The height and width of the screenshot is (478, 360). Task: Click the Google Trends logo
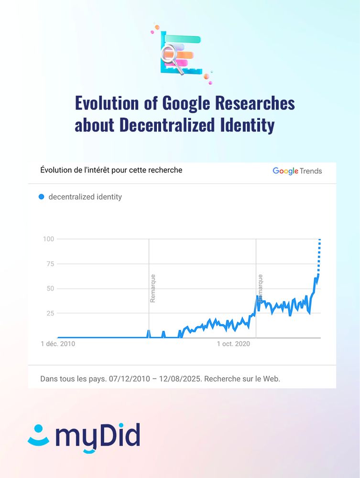click(297, 171)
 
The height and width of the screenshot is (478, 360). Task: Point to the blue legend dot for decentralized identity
click(41, 196)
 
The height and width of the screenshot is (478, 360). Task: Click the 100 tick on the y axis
click(48, 239)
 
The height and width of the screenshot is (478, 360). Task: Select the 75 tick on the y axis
click(49, 264)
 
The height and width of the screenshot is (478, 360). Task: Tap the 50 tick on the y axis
click(49, 289)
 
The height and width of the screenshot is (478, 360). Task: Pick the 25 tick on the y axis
click(49, 313)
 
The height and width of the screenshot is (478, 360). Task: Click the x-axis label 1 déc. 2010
click(58, 344)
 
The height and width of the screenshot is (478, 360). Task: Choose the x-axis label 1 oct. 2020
click(233, 344)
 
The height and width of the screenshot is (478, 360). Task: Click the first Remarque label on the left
click(153, 288)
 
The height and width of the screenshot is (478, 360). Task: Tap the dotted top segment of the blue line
click(319, 256)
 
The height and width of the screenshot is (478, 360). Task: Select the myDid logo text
click(98, 436)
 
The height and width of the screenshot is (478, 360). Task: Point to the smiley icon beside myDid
click(39, 436)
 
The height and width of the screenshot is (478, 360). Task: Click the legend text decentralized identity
click(85, 196)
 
